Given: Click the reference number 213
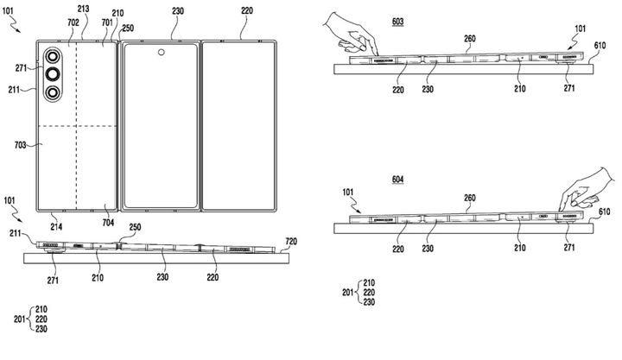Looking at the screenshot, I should click(82, 8).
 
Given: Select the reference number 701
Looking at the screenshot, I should click(106, 22).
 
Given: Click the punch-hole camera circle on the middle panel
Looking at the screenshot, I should click(161, 54).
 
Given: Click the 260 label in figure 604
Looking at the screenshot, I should click(470, 198).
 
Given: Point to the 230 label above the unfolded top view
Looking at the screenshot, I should click(178, 12).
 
